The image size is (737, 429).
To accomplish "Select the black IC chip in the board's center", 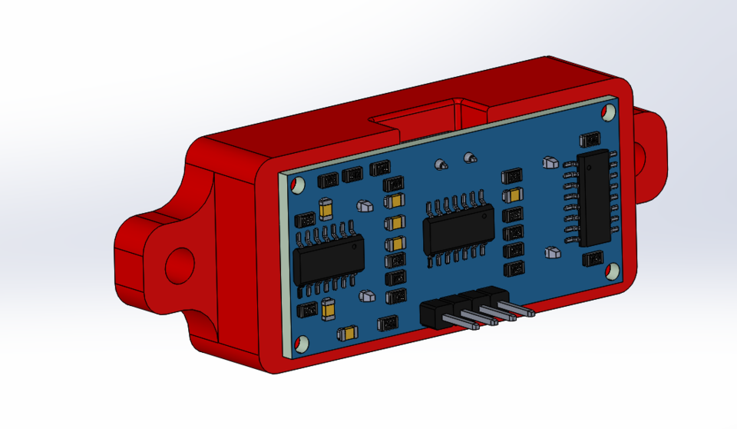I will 459,233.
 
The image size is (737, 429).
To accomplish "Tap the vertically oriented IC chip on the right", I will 596,197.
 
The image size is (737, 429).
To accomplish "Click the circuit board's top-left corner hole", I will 296,183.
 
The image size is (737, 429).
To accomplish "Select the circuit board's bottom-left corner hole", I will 301,343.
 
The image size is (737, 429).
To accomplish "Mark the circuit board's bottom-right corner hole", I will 613,271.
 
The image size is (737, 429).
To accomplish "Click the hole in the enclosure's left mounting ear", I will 180,264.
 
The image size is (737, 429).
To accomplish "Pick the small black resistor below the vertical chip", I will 593,258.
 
